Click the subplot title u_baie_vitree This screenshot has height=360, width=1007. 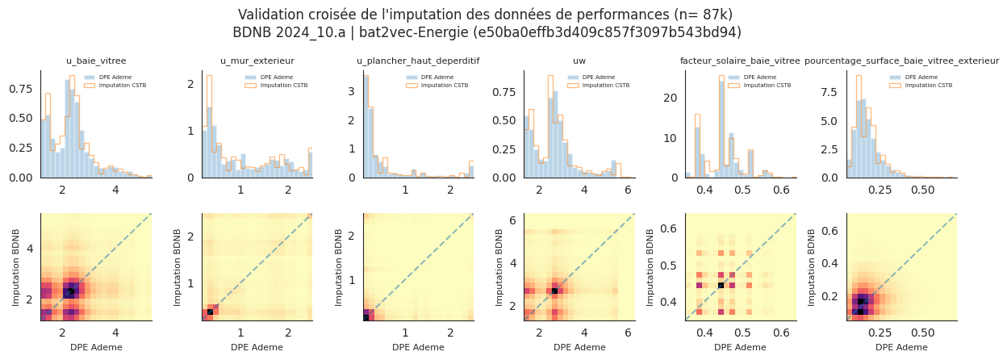(95, 61)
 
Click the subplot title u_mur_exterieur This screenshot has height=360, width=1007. (257, 61)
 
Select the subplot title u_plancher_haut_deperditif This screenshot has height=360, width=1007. (418, 61)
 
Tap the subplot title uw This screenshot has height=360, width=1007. (579, 61)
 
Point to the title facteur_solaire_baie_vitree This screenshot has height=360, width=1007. (740, 61)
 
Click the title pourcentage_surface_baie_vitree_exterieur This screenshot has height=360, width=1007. (901, 61)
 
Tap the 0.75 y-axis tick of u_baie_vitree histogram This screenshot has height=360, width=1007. (21, 90)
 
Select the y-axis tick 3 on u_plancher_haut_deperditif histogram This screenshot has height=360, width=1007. (351, 92)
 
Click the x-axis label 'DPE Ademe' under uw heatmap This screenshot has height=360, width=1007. (579, 347)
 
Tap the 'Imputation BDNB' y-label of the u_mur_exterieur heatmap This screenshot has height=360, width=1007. (178, 267)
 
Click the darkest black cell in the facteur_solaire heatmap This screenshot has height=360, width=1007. (721, 285)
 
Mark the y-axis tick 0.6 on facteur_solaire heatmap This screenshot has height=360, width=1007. (669, 228)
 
